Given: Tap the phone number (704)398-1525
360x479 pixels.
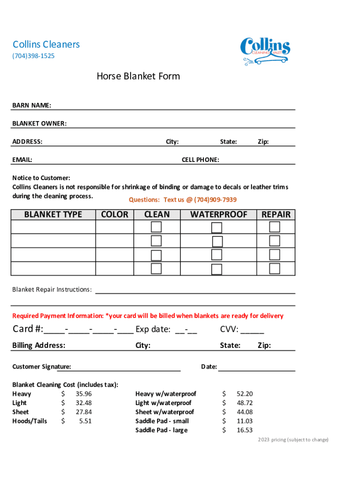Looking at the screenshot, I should tap(33, 56).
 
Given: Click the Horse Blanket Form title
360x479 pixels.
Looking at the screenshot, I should tap(138, 76).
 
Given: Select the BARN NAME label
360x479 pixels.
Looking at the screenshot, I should tap(32, 105).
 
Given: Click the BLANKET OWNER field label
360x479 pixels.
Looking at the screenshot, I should tap(39, 123).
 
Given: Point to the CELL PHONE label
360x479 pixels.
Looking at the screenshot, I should tap(200, 160).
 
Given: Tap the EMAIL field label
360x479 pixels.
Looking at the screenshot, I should tap(22, 160).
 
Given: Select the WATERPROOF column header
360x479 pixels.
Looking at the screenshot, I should tap(218, 214).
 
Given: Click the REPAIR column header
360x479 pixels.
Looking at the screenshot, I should tap(276, 214).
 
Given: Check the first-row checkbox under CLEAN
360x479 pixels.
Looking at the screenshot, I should tap(156, 227).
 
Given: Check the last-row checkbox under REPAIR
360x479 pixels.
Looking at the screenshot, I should tap(274, 269).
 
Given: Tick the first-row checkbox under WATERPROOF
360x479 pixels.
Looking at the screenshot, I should tap(216, 228).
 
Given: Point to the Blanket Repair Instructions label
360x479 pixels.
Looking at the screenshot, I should tap(51, 290).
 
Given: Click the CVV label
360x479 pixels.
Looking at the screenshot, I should tap(230, 330).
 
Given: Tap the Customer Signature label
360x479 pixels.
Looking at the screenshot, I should tap(42, 367).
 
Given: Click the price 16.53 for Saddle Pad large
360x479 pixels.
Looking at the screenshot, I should tap(245, 430).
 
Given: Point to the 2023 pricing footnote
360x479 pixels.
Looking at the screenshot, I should tap(293, 440).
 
